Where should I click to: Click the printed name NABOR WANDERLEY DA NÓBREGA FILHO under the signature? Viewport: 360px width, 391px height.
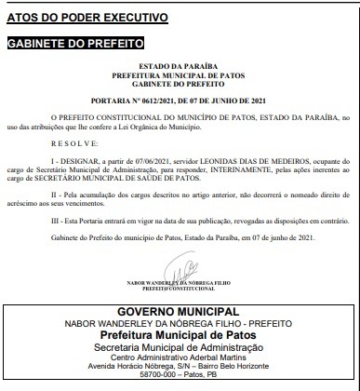pos(181,283)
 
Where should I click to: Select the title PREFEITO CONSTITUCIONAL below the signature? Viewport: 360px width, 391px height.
pos(181,290)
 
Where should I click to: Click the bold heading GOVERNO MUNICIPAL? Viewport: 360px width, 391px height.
pos(180,308)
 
